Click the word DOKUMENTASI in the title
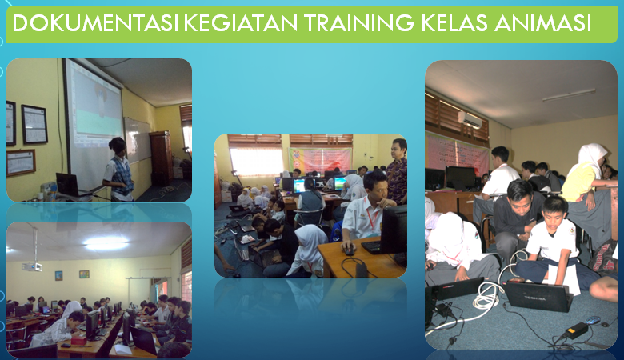pos(95,23)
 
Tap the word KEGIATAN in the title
pos(241,23)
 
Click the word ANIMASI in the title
pos(543,23)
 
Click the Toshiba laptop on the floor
pos(539,295)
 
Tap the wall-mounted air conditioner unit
pos(470,119)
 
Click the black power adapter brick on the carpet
pos(577,330)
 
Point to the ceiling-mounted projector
pos(32,266)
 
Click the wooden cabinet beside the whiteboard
pos(161,158)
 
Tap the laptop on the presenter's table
pos(70,185)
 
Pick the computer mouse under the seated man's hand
pos(349,250)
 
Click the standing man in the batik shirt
pos(396,170)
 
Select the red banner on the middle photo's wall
pos(320,160)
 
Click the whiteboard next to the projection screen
pos(138,140)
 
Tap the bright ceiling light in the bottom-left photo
pos(106,243)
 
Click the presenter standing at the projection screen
pos(118,169)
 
